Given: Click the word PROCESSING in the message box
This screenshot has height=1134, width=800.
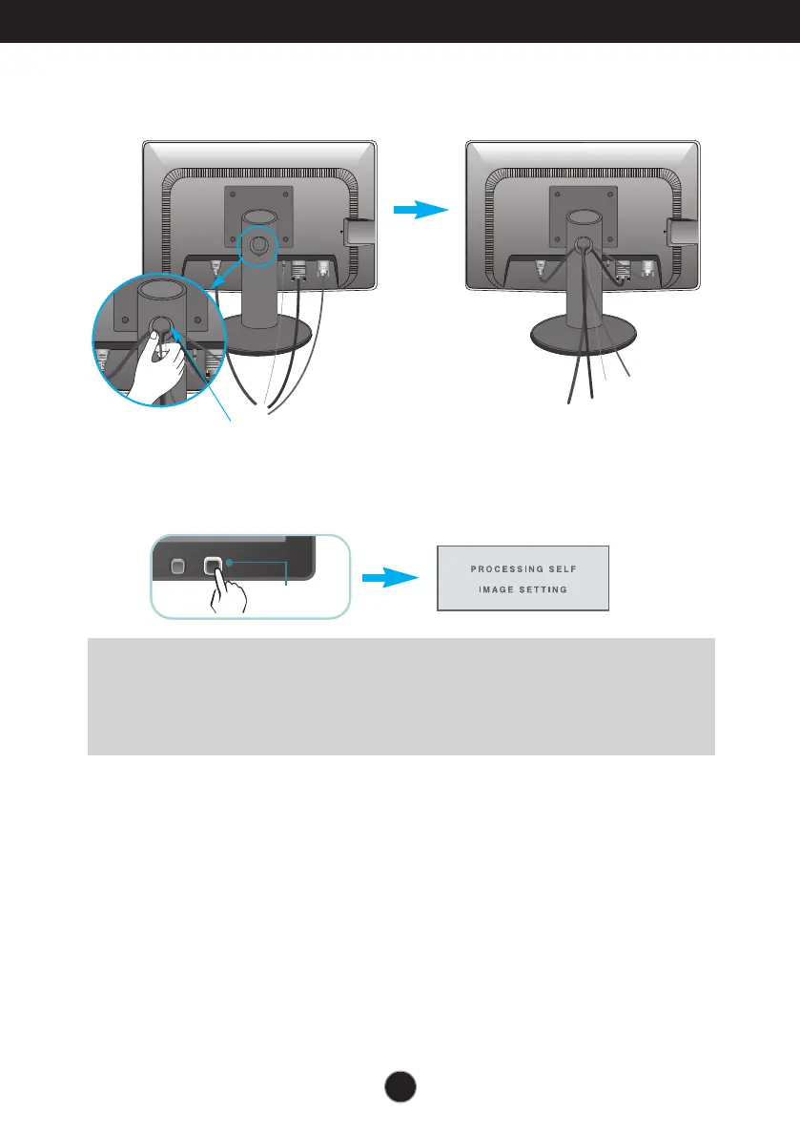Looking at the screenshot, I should pyautogui.click(x=505, y=569).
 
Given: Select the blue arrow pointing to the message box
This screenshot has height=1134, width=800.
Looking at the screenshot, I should pyautogui.click(x=393, y=577).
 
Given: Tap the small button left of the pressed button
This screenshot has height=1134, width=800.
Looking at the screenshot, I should pyautogui.click(x=175, y=567).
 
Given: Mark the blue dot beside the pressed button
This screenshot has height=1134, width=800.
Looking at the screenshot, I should pyautogui.click(x=229, y=564).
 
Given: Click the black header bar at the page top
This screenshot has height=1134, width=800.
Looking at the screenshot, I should pyautogui.click(x=400, y=21).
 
